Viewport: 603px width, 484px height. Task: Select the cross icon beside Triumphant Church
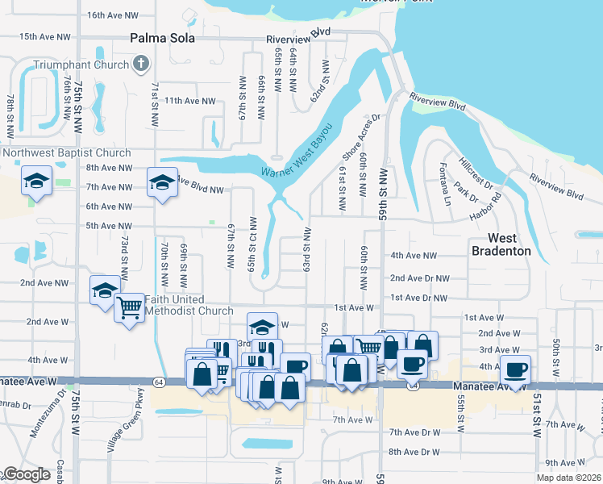coord(141,64)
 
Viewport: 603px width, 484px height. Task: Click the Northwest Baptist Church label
coord(66,153)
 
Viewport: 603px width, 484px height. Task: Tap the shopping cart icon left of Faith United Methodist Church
coord(130,307)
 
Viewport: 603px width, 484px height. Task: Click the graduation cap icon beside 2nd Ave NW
coord(105,290)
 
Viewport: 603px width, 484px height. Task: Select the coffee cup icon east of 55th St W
coord(515,370)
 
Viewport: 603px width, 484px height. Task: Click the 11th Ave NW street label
coord(190,101)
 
